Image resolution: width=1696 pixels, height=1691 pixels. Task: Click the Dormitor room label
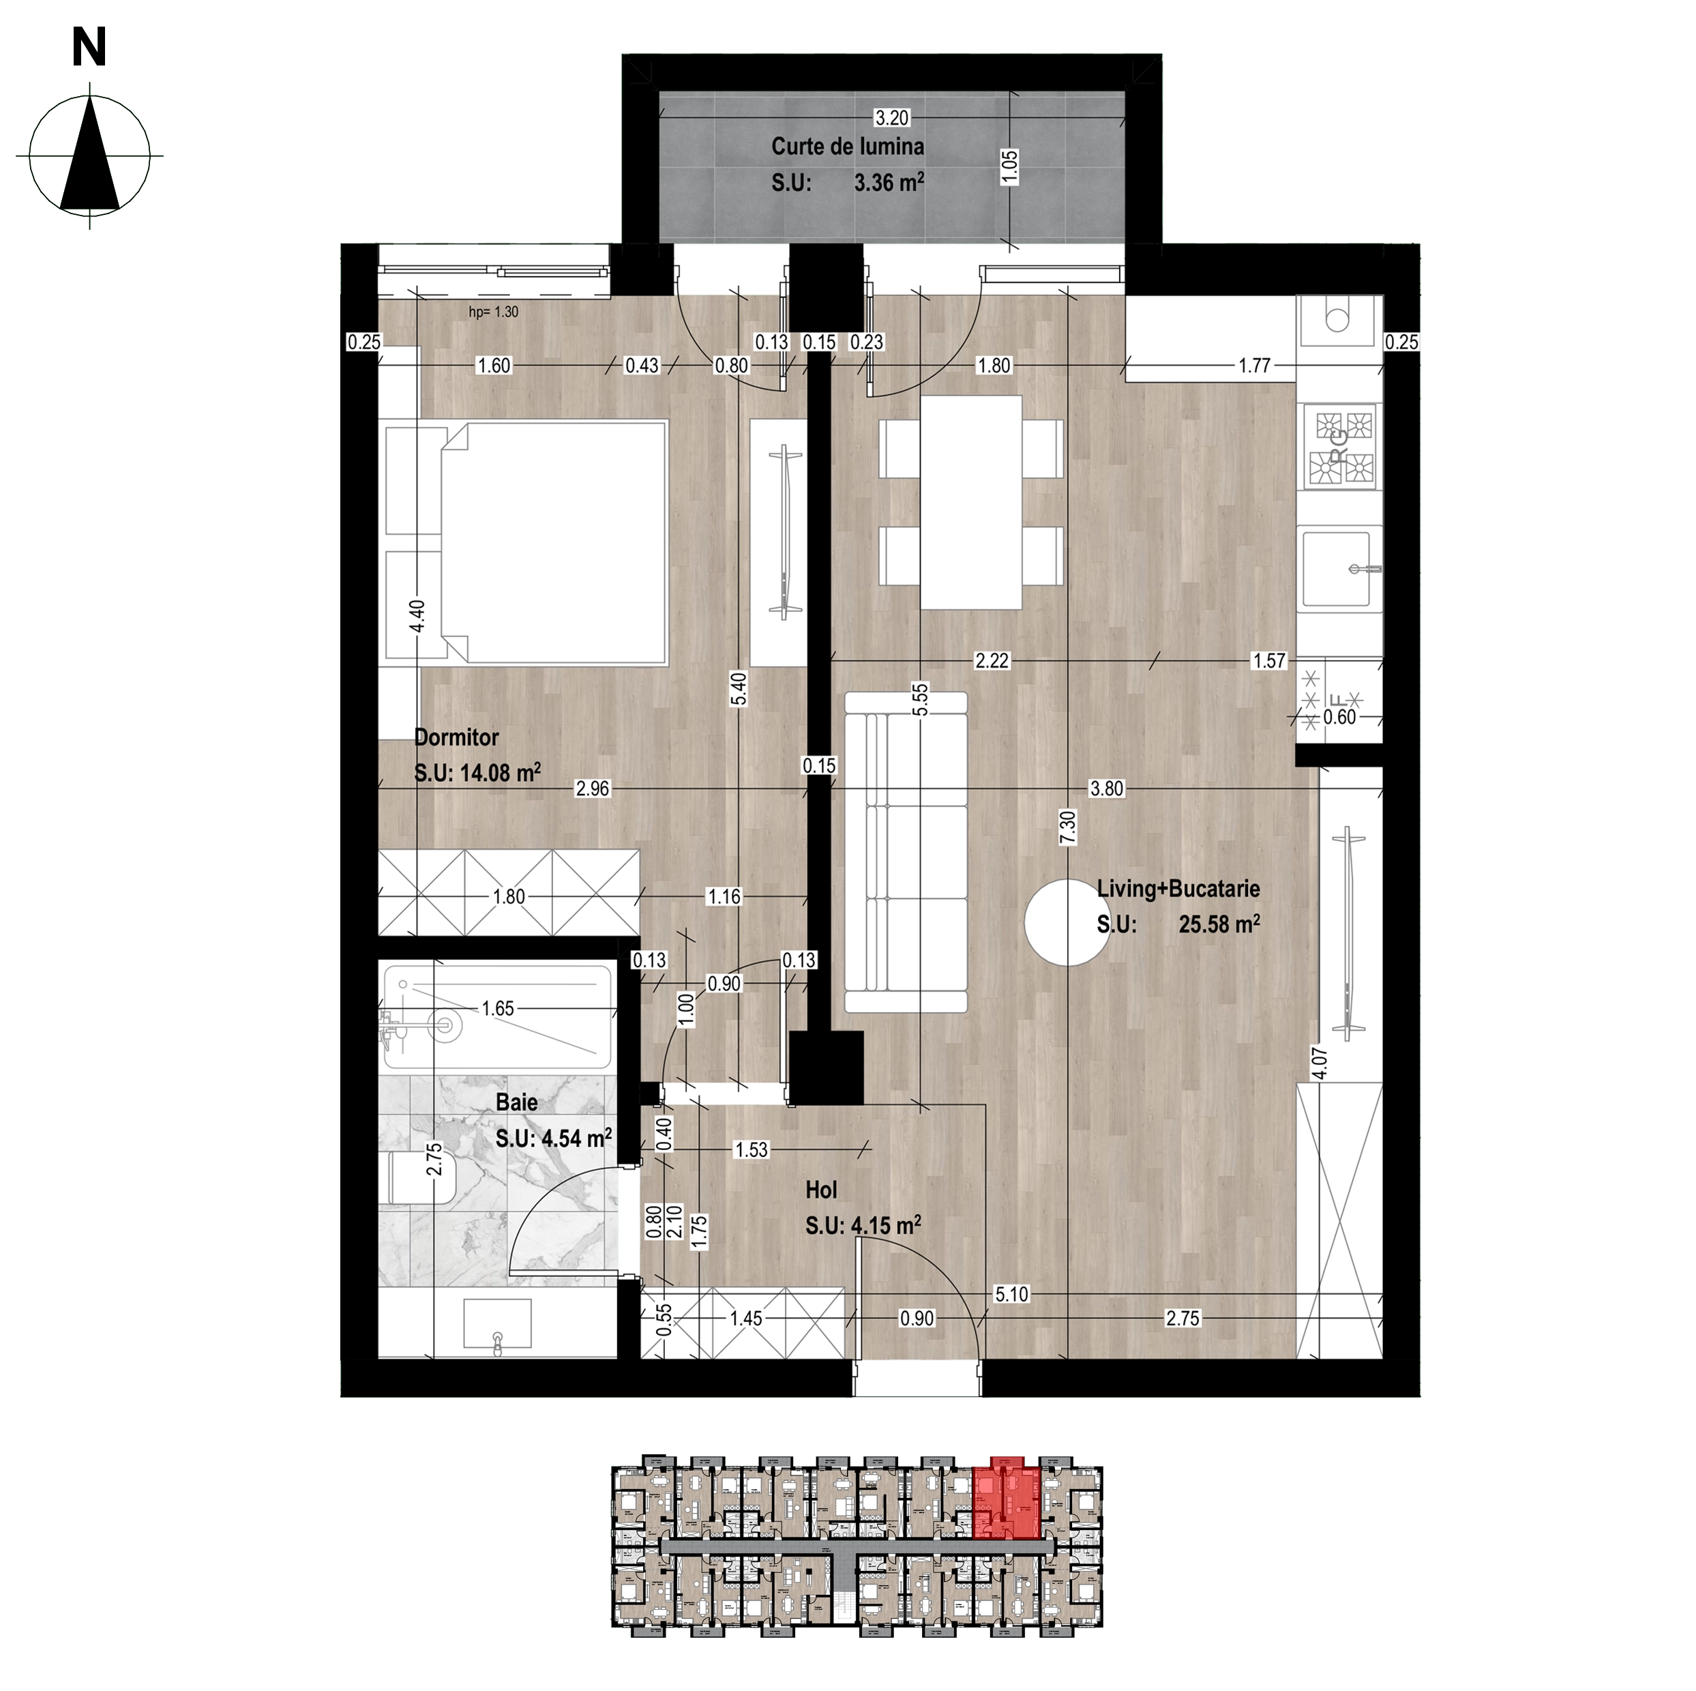click(x=456, y=737)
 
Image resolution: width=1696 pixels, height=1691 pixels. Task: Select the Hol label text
click(x=821, y=1190)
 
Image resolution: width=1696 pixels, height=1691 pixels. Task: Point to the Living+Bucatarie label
click(x=1178, y=889)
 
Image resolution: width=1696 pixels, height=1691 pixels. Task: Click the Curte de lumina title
click(x=847, y=147)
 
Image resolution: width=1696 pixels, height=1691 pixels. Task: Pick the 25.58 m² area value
click(x=1219, y=924)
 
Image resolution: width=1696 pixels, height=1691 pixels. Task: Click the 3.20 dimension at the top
click(x=892, y=117)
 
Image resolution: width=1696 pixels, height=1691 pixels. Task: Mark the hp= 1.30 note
click(x=493, y=312)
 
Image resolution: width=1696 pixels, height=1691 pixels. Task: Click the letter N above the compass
click(x=89, y=46)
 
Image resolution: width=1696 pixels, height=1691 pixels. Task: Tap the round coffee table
click(x=1067, y=922)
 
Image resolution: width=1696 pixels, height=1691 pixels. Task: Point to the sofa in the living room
click(x=905, y=852)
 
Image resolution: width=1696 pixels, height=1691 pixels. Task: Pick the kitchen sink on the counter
click(x=1336, y=569)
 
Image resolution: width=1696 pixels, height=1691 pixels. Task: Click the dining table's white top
click(x=971, y=501)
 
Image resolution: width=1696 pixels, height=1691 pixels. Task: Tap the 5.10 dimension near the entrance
click(x=1011, y=1294)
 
